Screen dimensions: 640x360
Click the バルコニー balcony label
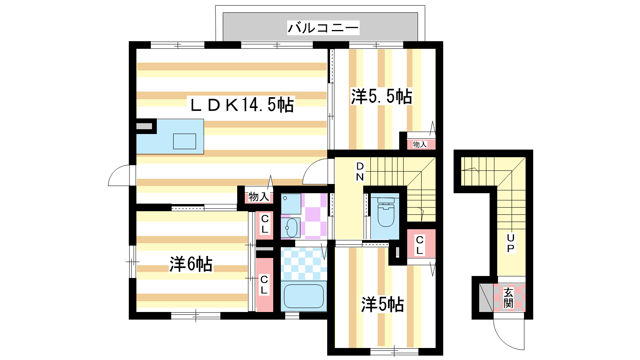pos(323,28)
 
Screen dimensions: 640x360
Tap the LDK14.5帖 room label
pos(242,105)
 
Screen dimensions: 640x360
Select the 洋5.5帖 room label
pos(382,96)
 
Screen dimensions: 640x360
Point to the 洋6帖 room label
pos(191,264)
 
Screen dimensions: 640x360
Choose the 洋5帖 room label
pos(382,304)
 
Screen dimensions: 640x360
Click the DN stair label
pos(360,172)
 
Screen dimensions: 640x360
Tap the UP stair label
pos(510,243)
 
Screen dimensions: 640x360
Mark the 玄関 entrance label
pos(508,298)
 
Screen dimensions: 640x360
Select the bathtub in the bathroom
pos(304,296)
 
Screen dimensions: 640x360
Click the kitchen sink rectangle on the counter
pos(184,141)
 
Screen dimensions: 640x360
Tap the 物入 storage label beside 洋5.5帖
pos(420,144)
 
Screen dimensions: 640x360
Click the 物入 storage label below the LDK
pos(259,196)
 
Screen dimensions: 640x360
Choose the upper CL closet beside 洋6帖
pos(264,225)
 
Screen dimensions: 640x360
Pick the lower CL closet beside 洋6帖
pos(264,284)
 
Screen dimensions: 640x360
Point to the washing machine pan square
pos(291,204)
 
